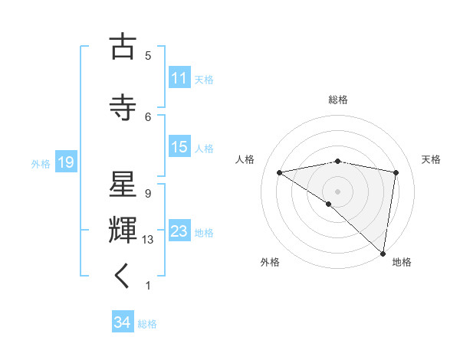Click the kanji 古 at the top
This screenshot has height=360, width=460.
pos(123,47)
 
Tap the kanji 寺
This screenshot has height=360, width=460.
pos(123,108)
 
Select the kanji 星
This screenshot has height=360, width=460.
pos(123,185)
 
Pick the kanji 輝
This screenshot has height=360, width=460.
pos(123,231)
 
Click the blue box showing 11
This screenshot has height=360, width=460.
pos(179,78)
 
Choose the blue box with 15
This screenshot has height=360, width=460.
pos(179,147)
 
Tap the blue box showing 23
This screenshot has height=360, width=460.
pos(179,231)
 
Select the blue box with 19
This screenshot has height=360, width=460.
pos(65,162)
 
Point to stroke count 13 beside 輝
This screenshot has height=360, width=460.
pos(148,240)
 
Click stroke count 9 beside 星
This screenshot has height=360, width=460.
pos(148,193)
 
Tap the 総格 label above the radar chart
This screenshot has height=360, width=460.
pos(338,100)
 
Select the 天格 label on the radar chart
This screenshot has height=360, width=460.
pos(431,159)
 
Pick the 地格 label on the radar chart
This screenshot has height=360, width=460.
pos(402,262)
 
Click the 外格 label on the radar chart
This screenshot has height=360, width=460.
pos(270,262)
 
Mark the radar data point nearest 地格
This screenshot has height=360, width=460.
pos(383,253)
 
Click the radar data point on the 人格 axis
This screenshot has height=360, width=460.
pos(280,172)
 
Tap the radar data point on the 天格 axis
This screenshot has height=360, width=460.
pos(396,172)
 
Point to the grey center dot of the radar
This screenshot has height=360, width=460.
pos(337,191)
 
